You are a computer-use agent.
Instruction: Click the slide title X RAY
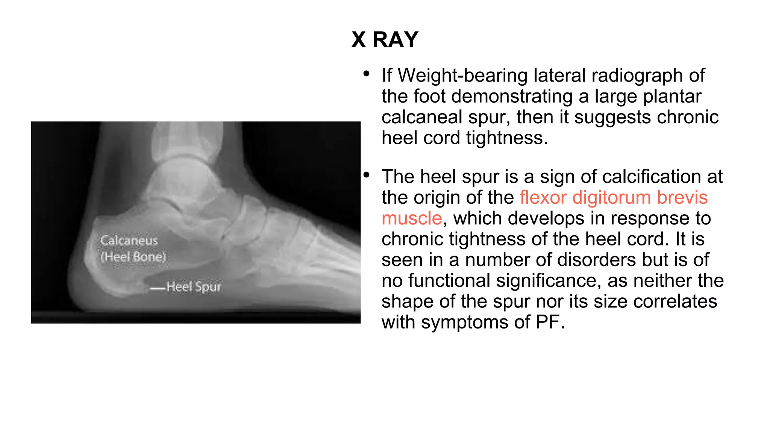pyautogui.click(x=385, y=39)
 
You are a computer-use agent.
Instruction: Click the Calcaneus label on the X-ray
pyautogui.click(x=129, y=240)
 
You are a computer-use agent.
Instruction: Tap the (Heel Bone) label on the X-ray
pyautogui.click(x=133, y=257)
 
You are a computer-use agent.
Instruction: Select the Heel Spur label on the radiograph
pyautogui.click(x=194, y=287)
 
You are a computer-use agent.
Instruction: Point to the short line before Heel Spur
pyautogui.click(x=158, y=289)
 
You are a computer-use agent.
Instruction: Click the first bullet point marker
pyautogui.click(x=367, y=74)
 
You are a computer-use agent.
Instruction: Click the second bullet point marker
pyautogui.click(x=367, y=175)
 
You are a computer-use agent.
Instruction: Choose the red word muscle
pyautogui.click(x=412, y=218)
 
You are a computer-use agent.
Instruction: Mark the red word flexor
pyautogui.click(x=543, y=198)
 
